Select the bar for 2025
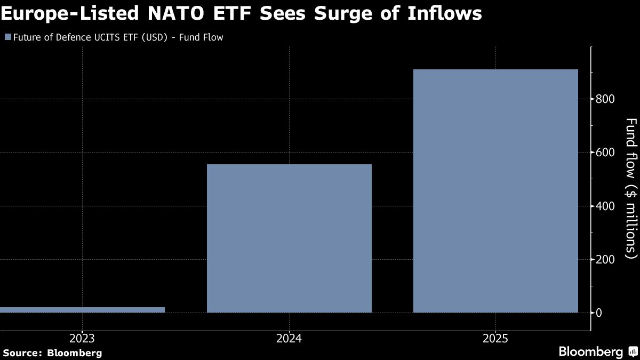495,191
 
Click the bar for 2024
289,238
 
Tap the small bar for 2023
82,310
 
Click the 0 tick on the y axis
600,313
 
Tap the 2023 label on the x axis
82,338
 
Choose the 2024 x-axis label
289,338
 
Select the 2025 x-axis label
495,338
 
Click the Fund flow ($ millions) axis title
630,185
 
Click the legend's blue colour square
7,38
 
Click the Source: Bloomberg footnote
52,353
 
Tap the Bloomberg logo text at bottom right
590,352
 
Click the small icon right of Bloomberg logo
633,351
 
